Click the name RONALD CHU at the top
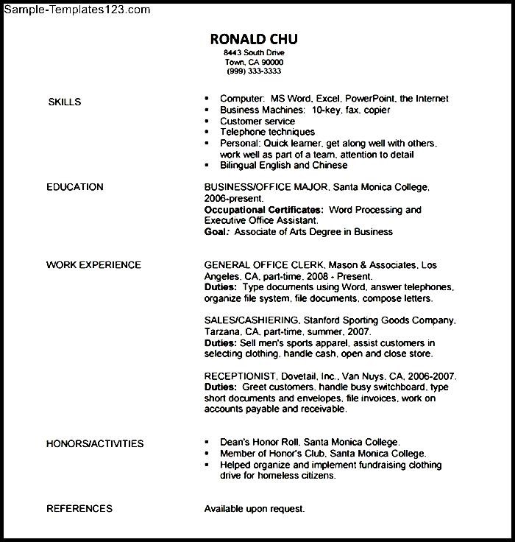click(254, 39)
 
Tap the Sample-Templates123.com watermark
click(76, 10)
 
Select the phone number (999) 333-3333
click(254, 71)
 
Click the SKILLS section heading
click(64, 102)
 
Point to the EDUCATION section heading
click(74, 187)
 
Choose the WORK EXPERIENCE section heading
click(93, 265)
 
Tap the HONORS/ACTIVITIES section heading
click(95, 443)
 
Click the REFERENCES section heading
click(79, 508)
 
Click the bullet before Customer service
click(207, 122)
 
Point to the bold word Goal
click(216, 232)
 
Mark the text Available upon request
click(254, 509)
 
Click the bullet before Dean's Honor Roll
click(207, 443)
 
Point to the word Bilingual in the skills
click(241, 166)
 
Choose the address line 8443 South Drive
click(254, 54)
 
